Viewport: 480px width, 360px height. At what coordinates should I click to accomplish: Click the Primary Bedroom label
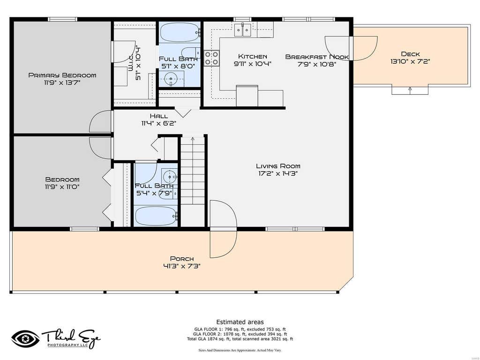pyautogui.click(x=62, y=75)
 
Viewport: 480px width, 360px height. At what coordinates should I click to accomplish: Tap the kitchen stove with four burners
pyautogui.click(x=212, y=58)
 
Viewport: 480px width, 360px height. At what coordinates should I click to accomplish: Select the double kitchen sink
pyautogui.click(x=243, y=30)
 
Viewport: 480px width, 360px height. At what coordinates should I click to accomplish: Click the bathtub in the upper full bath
pyautogui.click(x=180, y=32)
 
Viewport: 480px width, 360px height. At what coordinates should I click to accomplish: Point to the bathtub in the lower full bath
pyautogui.click(x=156, y=216)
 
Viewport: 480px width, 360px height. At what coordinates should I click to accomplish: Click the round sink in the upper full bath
pyautogui.click(x=171, y=79)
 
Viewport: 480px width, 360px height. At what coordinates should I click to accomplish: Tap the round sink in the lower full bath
pyautogui.click(x=169, y=177)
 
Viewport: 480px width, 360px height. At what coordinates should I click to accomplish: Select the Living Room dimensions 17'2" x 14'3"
pyautogui.click(x=278, y=173)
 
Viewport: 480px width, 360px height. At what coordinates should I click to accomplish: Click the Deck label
pyautogui.click(x=411, y=54)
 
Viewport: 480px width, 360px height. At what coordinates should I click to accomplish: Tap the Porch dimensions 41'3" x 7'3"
pyautogui.click(x=182, y=266)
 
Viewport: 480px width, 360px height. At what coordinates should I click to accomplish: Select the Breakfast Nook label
pyautogui.click(x=317, y=57)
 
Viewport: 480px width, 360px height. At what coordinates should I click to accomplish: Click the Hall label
pyautogui.click(x=159, y=116)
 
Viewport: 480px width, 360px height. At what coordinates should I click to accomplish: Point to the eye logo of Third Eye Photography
pyautogui.click(x=25, y=339)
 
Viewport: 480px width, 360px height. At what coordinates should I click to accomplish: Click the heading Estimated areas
pyautogui.click(x=240, y=322)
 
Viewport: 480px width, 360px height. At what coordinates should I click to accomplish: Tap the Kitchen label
pyautogui.click(x=253, y=57)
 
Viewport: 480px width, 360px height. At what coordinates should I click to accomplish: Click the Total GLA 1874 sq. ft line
pyautogui.click(x=240, y=339)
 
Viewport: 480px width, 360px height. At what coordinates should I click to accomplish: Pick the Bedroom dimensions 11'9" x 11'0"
pyautogui.click(x=62, y=187)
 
